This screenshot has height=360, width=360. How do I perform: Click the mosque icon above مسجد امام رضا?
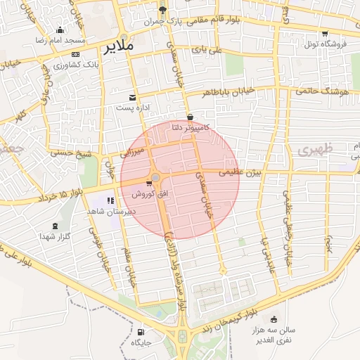60,30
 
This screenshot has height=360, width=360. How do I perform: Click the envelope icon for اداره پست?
131,98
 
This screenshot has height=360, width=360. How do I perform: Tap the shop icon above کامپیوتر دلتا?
191,117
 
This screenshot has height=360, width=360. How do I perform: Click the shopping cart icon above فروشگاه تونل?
324,33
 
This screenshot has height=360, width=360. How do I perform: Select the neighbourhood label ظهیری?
312,150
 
